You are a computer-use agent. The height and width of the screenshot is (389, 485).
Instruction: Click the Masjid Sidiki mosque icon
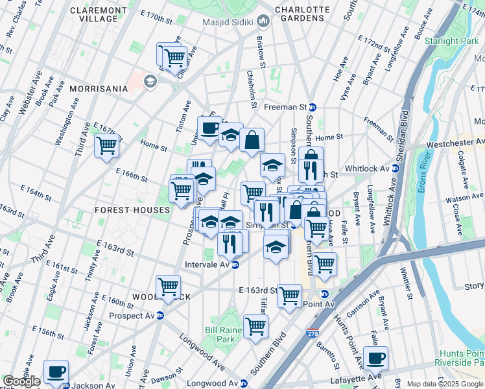pos(263,22)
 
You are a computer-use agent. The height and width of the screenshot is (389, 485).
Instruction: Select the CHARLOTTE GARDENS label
pos(299,14)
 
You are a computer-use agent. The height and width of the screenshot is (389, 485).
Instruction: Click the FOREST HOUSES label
pos(132,210)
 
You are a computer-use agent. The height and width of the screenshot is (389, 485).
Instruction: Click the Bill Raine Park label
pos(225,334)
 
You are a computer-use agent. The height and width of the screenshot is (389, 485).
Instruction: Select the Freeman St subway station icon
pos(312,107)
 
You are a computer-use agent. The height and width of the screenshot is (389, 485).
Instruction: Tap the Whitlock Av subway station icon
pos(396,168)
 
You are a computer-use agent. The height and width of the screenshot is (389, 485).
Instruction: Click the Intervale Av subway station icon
pos(236,265)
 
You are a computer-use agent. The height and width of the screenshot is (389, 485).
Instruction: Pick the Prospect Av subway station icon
pos(160,315)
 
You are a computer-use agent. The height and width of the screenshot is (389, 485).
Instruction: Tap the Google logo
pos(21,381)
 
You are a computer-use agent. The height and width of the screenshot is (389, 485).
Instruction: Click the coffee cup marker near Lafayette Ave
pos(375,357)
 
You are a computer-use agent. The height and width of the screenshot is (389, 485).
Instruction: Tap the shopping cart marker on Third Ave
pos(107,145)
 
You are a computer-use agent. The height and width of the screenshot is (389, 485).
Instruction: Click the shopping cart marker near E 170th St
pos(174,56)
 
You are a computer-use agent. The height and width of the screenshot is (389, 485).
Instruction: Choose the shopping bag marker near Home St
pos(252,138)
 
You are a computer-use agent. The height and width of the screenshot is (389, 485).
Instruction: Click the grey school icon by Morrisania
pos(150,81)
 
